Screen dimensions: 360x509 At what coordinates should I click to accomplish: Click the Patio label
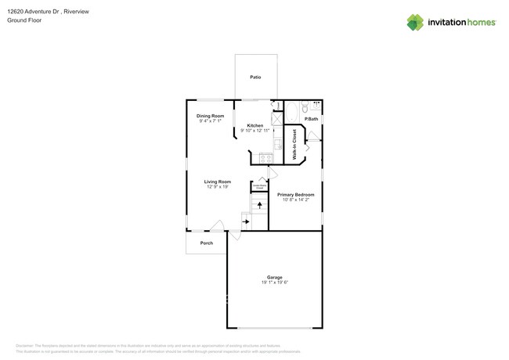[255, 77]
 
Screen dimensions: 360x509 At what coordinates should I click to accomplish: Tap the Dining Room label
[211, 116]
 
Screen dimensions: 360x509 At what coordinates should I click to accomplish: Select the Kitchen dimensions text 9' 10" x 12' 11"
[255, 131]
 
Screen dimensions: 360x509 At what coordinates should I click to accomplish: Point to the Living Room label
[218, 182]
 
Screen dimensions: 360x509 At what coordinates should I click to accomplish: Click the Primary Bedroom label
[296, 194]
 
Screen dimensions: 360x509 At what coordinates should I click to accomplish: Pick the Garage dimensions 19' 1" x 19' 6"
[274, 283]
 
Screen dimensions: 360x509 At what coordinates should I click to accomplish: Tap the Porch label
[206, 243]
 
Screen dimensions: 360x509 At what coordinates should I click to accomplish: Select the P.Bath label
[311, 119]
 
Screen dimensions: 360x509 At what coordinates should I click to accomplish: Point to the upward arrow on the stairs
[260, 206]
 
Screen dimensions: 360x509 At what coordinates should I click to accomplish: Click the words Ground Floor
[24, 21]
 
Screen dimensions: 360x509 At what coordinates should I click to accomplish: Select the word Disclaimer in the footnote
[25, 345]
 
